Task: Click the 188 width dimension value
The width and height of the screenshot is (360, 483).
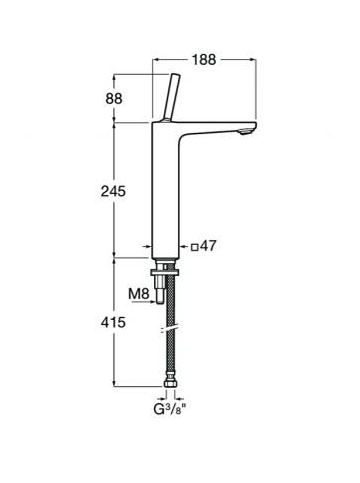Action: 204,60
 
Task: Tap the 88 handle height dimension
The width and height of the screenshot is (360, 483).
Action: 114,99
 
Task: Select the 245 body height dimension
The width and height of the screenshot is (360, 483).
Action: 113,191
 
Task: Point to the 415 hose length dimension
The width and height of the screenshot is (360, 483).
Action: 113,322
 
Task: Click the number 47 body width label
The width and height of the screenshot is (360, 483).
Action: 208,246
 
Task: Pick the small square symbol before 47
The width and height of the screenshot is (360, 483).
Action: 195,247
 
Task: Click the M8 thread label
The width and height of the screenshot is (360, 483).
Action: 138,294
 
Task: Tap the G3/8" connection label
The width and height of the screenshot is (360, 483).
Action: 169,409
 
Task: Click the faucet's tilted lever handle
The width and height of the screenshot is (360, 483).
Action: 171,97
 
